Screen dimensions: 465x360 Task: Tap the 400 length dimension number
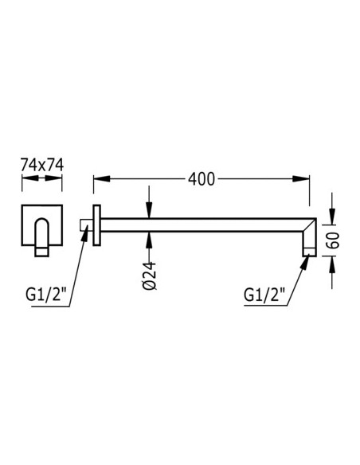coord(202,179)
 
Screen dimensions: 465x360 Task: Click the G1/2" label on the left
coord(45,295)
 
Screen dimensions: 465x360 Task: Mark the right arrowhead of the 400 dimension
coord(306,179)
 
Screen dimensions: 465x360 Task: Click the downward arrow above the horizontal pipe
coord(150,213)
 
